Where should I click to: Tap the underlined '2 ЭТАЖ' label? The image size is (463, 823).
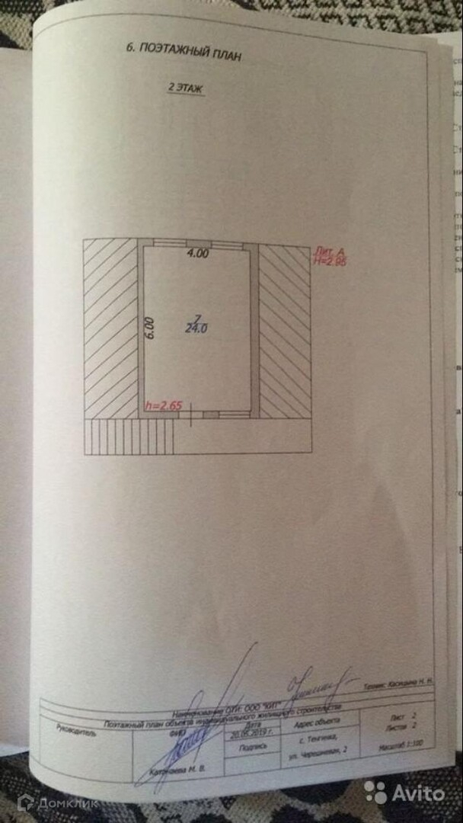(x=187, y=88)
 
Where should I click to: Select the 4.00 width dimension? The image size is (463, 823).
(x=198, y=255)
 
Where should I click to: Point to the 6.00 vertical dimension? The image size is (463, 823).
(x=150, y=327)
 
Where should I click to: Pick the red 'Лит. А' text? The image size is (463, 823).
(x=330, y=251)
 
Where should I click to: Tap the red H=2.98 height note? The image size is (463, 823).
(x=330, y=261)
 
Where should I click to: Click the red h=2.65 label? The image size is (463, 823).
(x=163, y=406)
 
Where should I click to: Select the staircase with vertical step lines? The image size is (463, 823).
(x=129, y=436)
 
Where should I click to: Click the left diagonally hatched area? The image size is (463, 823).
(x=110, y=328)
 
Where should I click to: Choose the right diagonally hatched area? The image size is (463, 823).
(x=285, y=331)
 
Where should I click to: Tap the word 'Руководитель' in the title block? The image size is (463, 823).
(x=77, y=729)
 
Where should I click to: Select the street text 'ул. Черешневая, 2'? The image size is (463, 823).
(x=318, y=751)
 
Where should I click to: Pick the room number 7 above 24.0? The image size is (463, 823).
(x=197, y=317)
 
